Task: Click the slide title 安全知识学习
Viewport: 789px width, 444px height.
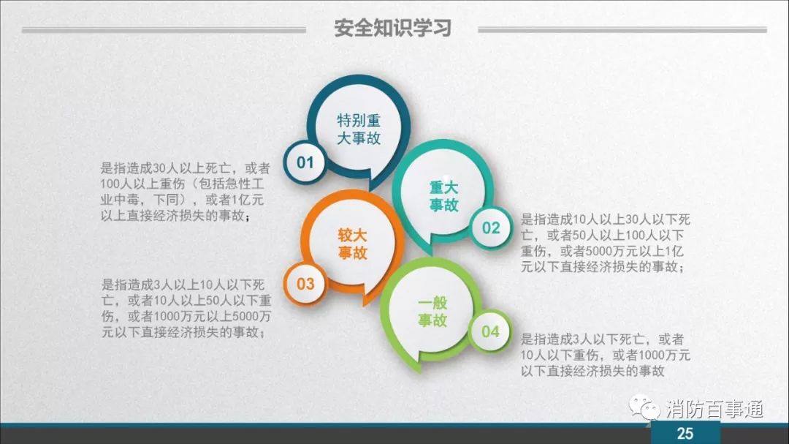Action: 392,29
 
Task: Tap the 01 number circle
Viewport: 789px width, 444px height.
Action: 305,162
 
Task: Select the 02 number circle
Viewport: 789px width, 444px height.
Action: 491,227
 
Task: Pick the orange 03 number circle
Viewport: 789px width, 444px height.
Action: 305,284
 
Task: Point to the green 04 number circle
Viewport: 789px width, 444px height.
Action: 490,331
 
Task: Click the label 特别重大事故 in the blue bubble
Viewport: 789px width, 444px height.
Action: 359,129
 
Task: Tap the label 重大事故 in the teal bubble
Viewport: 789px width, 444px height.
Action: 444,196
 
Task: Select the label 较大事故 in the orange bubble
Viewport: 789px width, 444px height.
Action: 352,244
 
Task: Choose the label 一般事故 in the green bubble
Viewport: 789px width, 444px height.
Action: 432,312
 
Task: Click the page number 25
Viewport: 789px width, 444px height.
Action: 685,434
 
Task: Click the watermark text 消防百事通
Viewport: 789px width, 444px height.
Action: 714,409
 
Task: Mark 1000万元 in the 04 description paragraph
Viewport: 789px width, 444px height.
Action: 663,355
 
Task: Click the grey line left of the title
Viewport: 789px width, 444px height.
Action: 164,30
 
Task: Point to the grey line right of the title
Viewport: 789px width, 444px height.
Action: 622,30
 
